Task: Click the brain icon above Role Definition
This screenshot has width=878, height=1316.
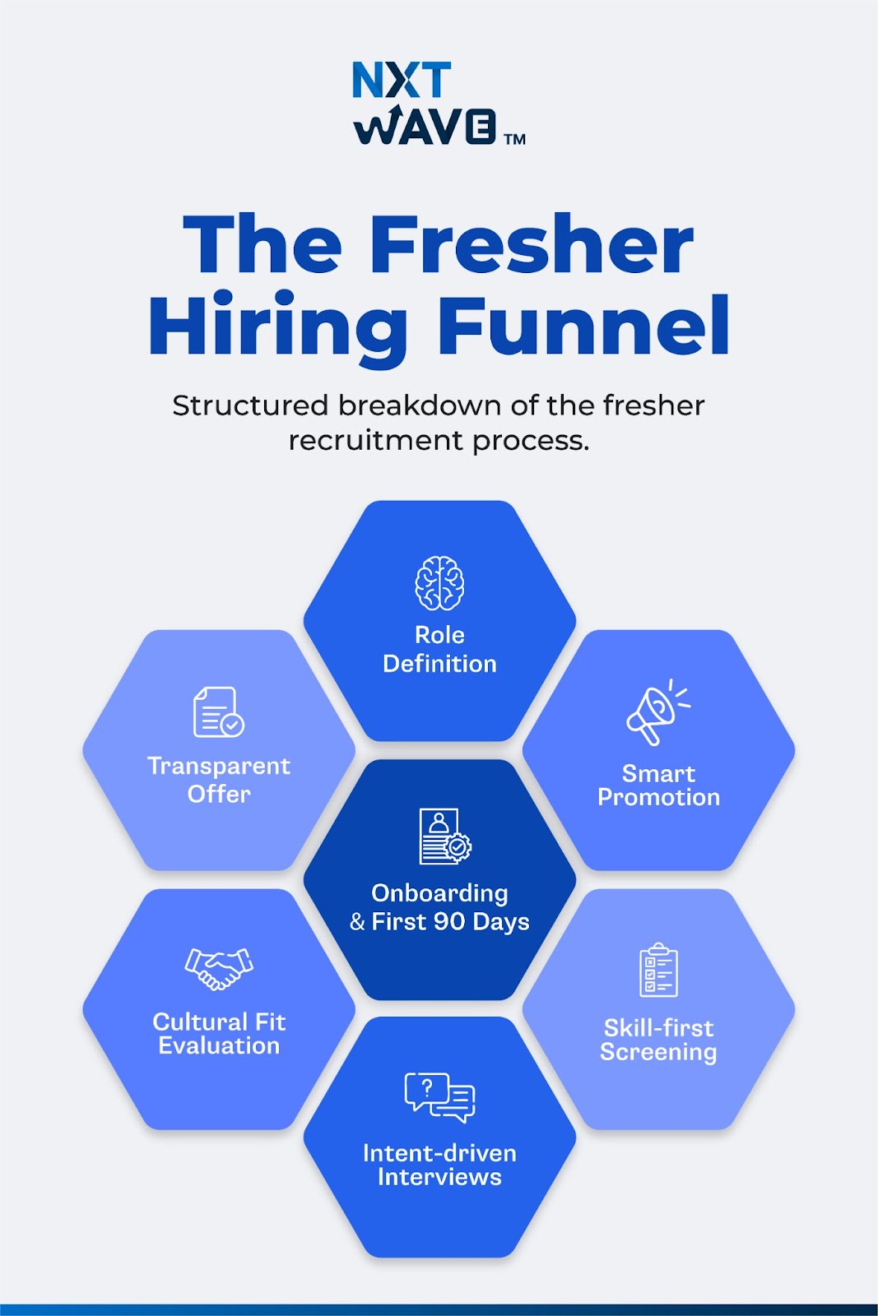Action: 439,583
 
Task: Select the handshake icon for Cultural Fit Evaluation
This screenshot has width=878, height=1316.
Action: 219,968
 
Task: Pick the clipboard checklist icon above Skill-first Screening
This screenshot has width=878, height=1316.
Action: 658,970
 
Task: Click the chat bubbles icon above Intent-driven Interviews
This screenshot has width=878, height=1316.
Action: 439,1097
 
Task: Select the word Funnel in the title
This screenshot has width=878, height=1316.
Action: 583,327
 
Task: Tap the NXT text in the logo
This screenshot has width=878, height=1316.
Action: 402,81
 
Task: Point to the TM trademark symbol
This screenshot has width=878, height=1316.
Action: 515,139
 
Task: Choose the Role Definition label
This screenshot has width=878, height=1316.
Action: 439,649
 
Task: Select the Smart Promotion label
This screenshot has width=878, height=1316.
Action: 658,785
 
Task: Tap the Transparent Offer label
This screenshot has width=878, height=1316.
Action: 219,780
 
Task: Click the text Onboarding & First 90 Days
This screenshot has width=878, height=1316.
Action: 439,907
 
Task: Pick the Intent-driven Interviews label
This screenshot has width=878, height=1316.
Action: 439,1165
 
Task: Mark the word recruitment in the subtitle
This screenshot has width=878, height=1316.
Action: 376,441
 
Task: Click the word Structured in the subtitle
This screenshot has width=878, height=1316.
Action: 250,405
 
